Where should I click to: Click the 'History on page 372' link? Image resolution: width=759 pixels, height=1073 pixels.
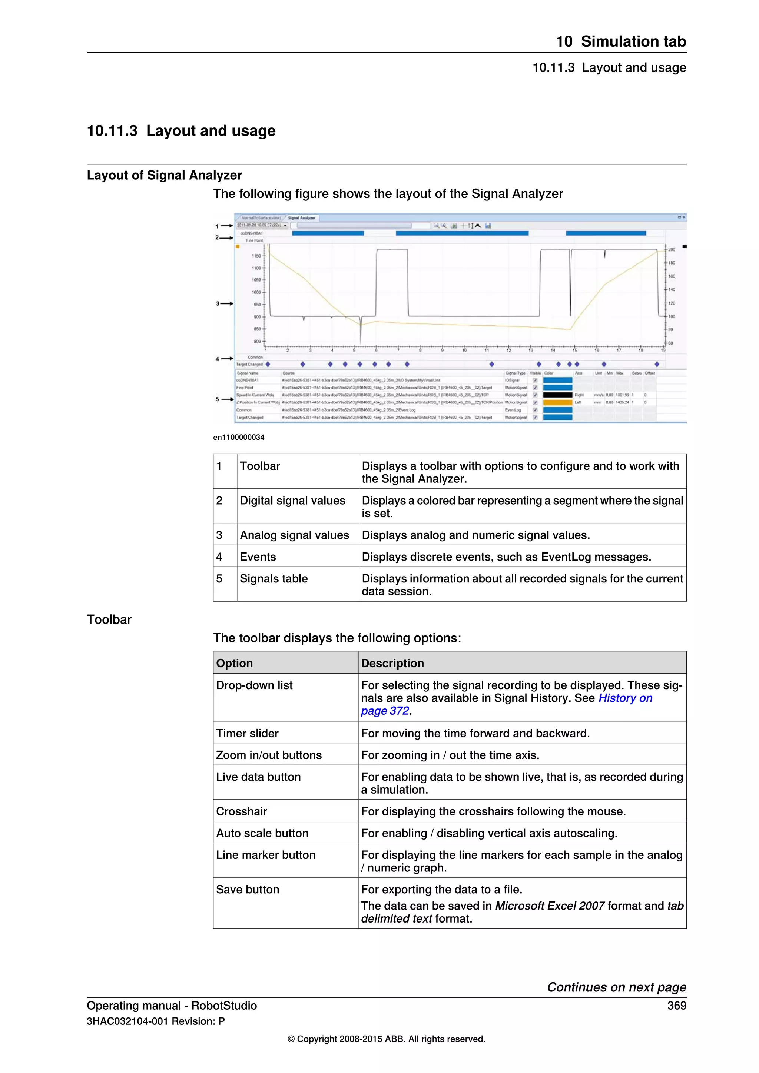pos(625,698)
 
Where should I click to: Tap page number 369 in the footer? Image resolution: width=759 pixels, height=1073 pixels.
pos(676,1005)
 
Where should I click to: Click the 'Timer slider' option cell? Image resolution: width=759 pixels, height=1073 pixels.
pos(247,733)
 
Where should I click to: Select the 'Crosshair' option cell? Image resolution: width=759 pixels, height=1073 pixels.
pos(242,811)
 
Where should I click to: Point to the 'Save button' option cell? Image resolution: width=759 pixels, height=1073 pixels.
pos(248,889)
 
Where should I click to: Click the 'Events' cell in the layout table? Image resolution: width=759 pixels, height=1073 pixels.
pos(258,557)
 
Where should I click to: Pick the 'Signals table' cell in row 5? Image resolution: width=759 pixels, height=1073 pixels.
pos(274,579)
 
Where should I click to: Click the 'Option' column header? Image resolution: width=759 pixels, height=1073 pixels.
pos(235,663)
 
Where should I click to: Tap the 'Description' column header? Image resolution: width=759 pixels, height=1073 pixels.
pos(392,663)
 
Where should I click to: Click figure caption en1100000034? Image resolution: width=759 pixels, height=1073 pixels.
pos(239,438)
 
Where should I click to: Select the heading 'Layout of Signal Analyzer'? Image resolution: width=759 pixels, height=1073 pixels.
pos(165,175)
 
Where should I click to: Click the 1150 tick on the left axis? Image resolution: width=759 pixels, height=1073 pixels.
pos(256,256)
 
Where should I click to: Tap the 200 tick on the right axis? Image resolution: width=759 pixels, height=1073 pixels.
pos(671,249)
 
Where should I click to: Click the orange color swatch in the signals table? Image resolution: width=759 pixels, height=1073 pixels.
pos(557,402)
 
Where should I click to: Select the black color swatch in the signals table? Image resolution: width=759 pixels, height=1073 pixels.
pos(557,395)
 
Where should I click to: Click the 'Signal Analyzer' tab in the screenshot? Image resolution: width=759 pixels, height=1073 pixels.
pos(301,218)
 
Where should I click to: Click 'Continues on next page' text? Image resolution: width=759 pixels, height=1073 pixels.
pos(616,987)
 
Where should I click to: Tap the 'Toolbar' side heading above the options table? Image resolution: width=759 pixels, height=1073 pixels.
pos(109,620)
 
